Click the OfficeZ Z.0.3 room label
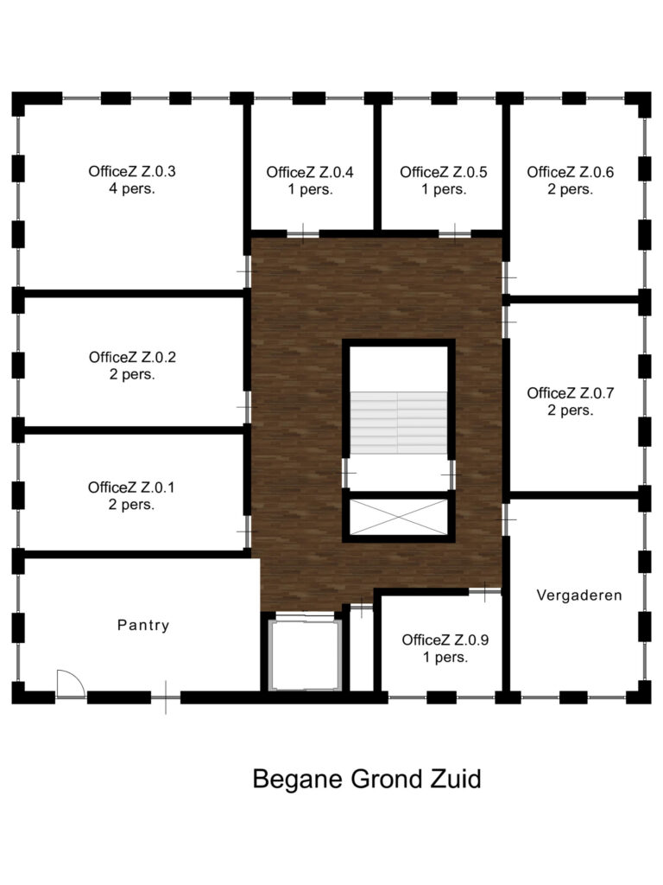(x=132, y=180)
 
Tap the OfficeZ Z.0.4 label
(x=310, y=181)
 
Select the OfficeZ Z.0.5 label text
(x=444, y=181)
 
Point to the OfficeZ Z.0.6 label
(x=571, y=181)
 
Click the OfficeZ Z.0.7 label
(x=571, y=401)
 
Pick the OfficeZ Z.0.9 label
(x=445, y=648)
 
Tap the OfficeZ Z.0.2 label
(x=132, y=366)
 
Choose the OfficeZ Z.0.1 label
(x=131, y=495)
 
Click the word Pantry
(x=143, y=626)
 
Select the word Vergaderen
(x=579, y=595)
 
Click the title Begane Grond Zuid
(x=367, y=780)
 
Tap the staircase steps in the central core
(x=399, y=423)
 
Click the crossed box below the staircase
(x=399, y=517)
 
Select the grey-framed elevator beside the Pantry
(x=305, y=655)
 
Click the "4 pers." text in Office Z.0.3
(x=132, y=188)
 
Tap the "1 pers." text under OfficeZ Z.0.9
(x=445, y=657)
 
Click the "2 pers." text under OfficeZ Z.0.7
(x=571, y=411)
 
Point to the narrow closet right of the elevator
(x=362, y=649)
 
